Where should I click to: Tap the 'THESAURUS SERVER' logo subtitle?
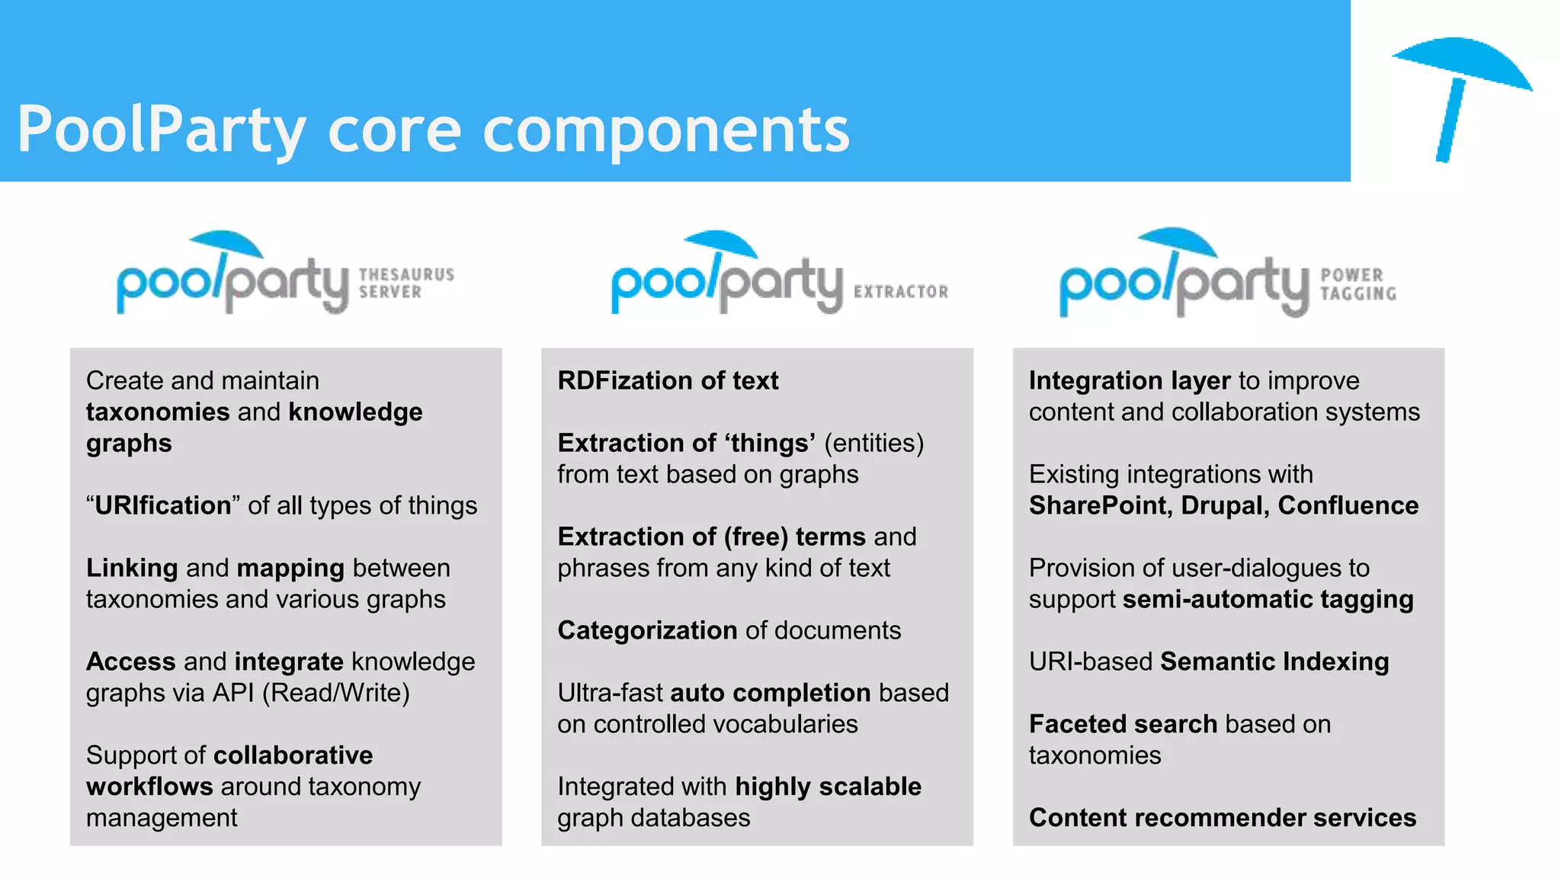[406, 283]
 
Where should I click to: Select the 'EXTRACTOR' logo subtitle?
[901, 292]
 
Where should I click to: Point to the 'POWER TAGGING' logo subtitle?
[1358, 284]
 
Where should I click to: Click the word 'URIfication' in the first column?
[162, 506]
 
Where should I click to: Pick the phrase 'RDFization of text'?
[668, 381]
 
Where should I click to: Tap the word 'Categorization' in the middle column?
[647, 631]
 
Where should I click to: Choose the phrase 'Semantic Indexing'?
[1274, 662]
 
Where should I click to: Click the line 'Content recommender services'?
[1222, 819]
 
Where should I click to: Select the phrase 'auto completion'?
[770, 694]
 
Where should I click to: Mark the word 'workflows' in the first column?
[149, 787]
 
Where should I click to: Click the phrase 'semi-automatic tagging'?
[1268, 600]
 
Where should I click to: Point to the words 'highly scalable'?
[828, 787]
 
